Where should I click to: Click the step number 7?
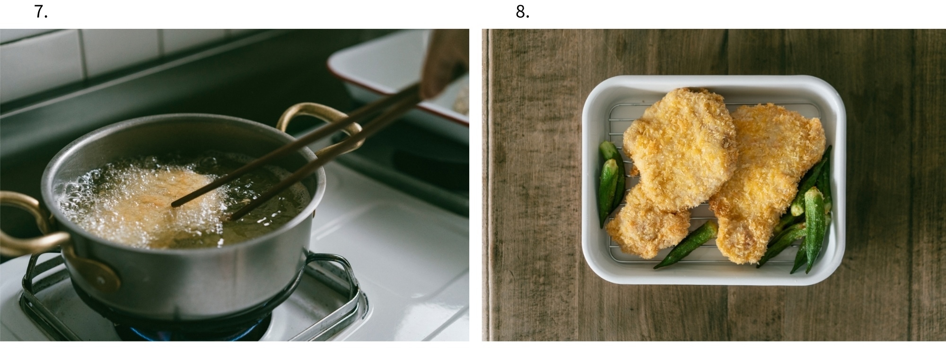[x=41, y=12]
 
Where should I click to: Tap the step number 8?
[x=522, y=12]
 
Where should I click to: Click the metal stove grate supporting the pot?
[x=189, y=298]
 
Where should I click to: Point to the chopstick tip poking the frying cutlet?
[x=175, y=204]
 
